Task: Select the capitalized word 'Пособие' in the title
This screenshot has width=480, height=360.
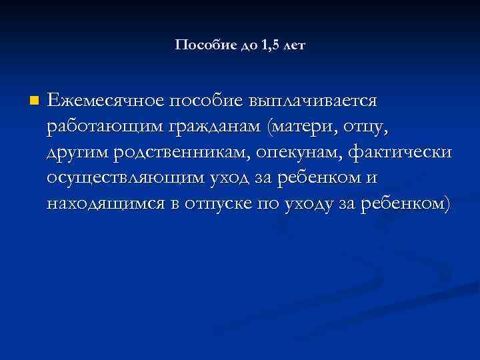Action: click(199, 45)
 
